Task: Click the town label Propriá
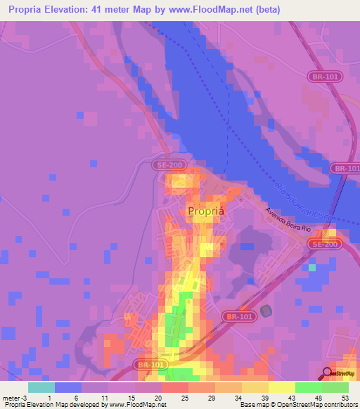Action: click(205, 210)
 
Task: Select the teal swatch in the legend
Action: click(41, 387)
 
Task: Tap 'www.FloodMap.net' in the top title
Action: click(213, 10)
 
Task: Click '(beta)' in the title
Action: click(267, 10)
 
